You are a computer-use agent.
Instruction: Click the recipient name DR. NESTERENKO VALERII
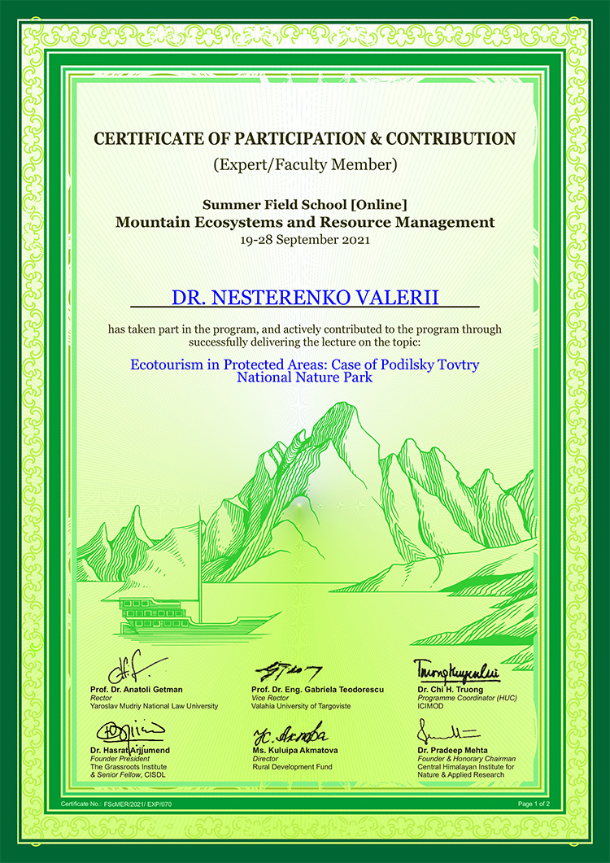pos(305,297)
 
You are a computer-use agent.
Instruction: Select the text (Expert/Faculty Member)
pos(305,164)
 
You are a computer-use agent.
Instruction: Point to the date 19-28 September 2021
pos(305,240)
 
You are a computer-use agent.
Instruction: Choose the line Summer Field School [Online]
pos(305,203)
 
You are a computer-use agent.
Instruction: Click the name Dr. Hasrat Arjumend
pos(130,750)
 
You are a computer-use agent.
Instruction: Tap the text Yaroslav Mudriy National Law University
pos(155,706)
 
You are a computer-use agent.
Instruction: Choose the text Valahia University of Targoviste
pos(301,706)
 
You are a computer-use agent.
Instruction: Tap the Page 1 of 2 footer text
pos(534,804)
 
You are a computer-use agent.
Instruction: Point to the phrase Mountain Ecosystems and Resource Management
pos(305,221)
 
